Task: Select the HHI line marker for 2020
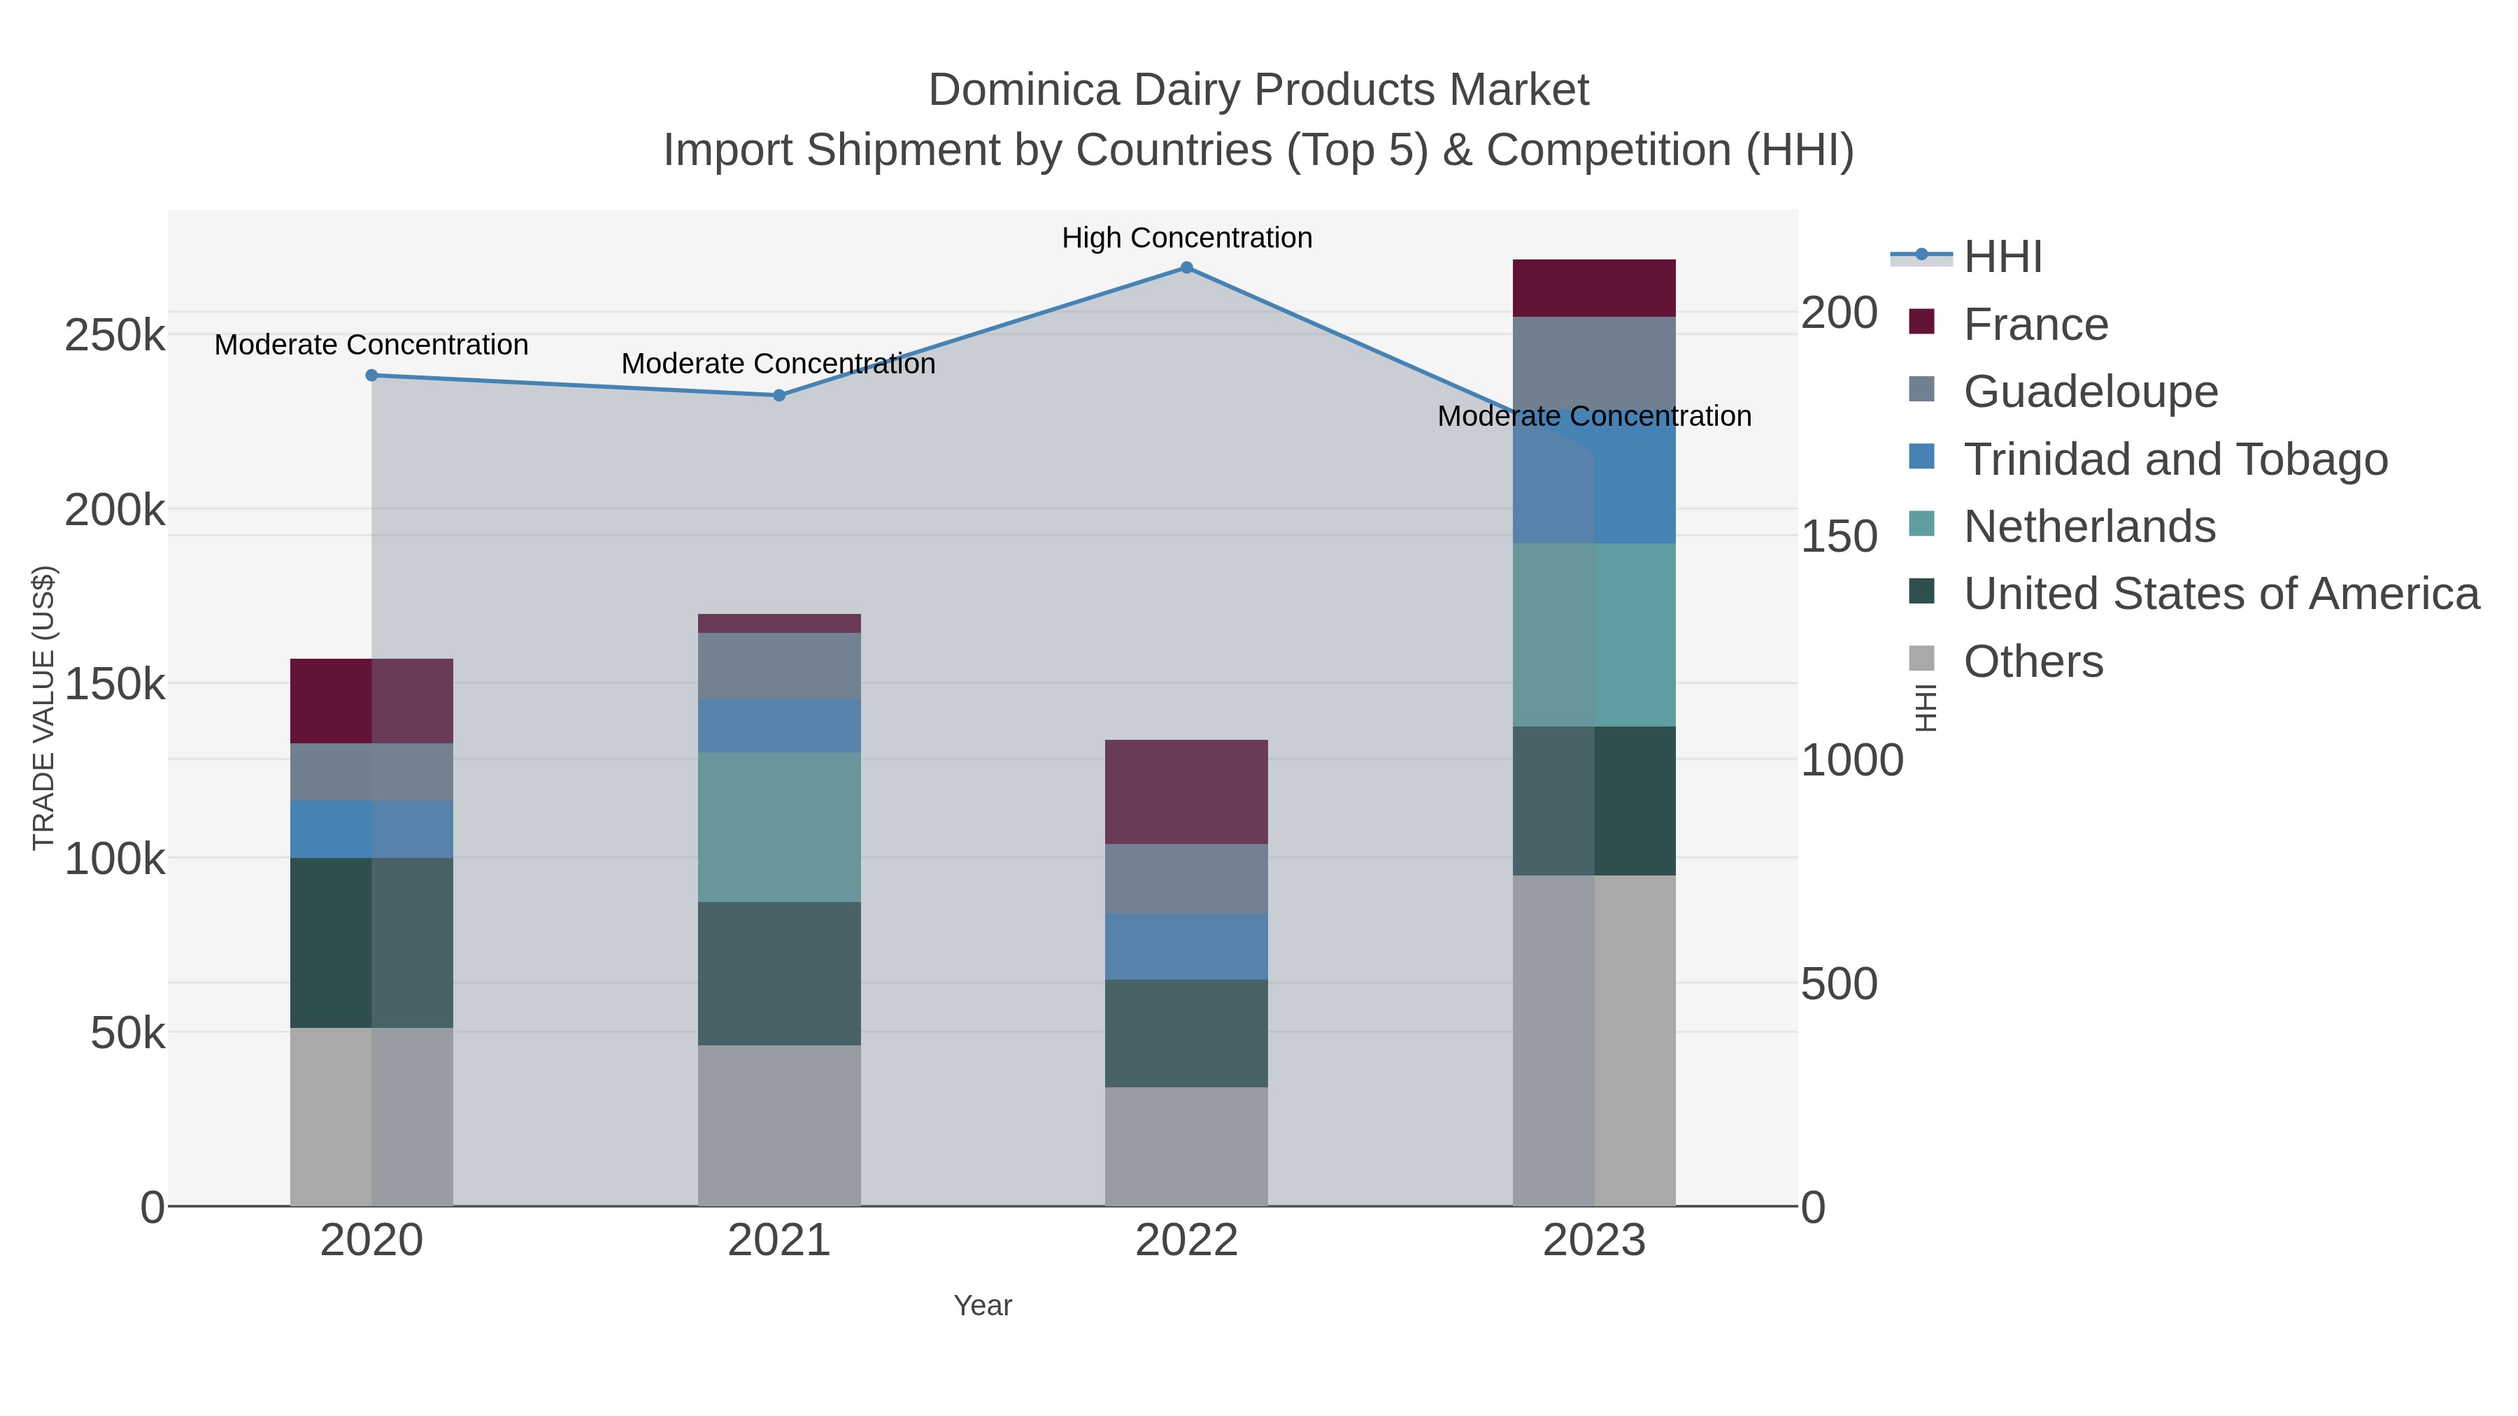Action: [371, 376]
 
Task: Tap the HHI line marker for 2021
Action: [779, 396]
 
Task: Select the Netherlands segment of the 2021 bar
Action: [779, 827]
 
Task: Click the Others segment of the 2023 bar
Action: [1593, 1040]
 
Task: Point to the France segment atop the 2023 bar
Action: [1593, 288]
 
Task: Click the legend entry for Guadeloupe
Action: [2090, 392]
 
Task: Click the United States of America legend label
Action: [2220, 594]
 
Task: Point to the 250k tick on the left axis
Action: [115, 336]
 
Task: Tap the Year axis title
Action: [983, 1306]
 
